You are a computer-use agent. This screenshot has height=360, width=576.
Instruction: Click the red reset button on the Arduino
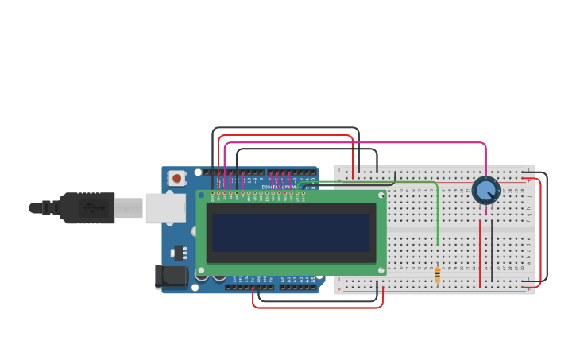click(176, 178)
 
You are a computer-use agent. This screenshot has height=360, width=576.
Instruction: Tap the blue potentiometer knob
click(485, 191)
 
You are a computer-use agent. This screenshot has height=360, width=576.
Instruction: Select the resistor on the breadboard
click(437, 275)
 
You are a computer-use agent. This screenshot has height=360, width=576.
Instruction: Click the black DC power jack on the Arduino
click(170, 277)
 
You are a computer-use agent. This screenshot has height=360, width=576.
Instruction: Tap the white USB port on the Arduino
click(165, 207)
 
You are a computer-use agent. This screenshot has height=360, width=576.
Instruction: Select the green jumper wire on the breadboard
click(438, 215)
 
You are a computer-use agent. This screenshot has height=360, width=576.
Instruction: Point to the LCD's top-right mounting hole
click(381, 195)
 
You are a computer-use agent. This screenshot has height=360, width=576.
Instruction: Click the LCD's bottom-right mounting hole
click(381, 270)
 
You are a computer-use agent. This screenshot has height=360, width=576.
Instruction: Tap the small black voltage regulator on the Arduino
click(179, 254)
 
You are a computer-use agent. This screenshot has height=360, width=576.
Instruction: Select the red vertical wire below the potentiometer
click(480, 254)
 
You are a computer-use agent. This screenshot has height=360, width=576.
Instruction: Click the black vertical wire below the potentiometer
click(492, 250)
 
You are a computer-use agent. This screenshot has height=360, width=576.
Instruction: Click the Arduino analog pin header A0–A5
click(298, 287)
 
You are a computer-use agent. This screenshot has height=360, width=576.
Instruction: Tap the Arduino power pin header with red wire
click(249, 287)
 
